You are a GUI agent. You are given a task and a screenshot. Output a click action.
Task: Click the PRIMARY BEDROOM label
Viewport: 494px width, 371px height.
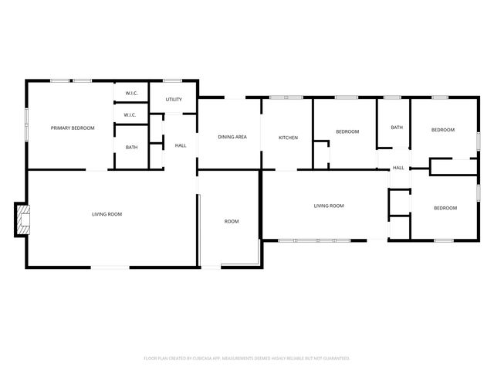[73, 128]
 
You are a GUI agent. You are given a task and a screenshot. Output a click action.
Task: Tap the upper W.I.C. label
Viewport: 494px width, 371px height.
[130, 94]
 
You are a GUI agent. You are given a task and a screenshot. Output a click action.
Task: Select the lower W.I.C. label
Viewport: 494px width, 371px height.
[130, 115]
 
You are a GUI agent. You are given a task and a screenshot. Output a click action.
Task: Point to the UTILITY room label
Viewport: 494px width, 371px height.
[174, 100]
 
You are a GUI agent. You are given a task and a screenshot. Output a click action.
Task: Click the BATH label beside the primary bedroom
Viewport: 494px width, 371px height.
[132, 147]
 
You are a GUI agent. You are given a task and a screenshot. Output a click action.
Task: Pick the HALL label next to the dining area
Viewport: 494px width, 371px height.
[181, 145]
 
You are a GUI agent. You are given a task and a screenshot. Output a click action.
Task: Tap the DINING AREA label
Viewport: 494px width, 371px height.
[232, 137]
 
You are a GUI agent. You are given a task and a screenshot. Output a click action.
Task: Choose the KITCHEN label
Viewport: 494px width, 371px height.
[289, 138]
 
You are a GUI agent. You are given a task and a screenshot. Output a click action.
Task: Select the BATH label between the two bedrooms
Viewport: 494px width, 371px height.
[397, 128]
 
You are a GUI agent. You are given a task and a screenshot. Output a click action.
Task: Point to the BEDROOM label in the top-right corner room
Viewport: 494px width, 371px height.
[443, 130]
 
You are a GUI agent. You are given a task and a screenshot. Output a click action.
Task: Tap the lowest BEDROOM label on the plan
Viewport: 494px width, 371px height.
[445, 208]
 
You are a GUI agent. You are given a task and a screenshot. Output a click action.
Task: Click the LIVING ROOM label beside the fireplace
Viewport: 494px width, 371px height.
[107, 214]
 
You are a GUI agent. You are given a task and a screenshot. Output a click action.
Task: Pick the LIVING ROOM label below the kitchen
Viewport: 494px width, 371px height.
[328, 206]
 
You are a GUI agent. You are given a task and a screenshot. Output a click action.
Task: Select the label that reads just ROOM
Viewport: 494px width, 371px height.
[232, 222]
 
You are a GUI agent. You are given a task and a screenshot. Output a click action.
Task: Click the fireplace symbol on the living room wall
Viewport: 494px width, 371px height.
[23, 220]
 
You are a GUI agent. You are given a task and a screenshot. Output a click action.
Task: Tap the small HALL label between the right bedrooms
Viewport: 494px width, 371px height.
[398, 168]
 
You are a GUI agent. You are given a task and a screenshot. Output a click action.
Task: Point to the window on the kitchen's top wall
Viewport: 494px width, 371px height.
[289, 97]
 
